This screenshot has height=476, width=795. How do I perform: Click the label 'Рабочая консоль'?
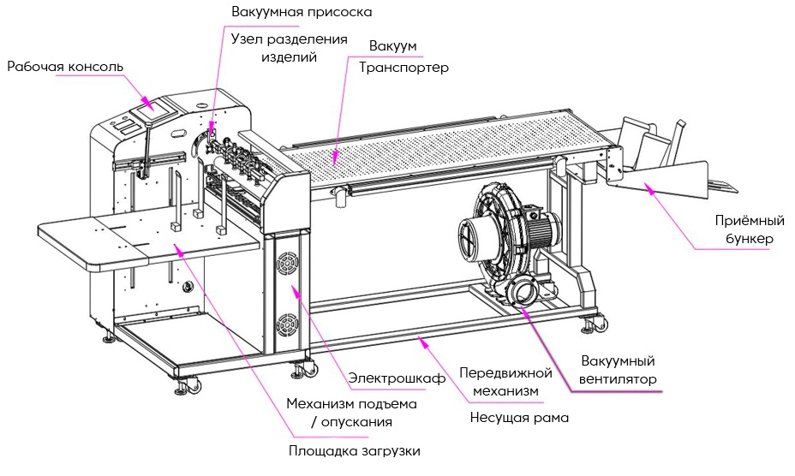[x=66, y=66]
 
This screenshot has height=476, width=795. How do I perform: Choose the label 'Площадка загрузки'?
[x=354, y=450]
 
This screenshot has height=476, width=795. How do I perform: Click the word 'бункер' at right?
[x=745, y=239]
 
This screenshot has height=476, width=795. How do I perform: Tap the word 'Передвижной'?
[x=501, y=373]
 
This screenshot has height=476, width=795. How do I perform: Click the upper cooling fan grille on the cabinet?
[x=285, y=264]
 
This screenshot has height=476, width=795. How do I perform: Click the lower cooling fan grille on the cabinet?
[x=286, y=326]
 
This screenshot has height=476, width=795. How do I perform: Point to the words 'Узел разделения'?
[x=290, y=39]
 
